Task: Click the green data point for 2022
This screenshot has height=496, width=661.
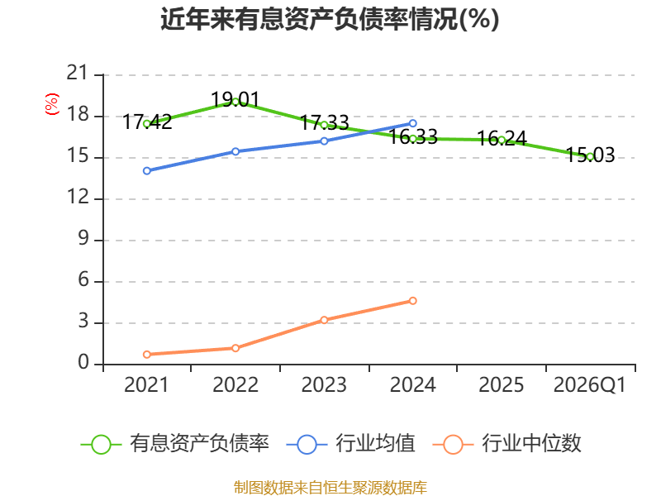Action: click(x=235, y=102)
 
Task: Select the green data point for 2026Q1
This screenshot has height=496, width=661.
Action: click(x=590, y=156)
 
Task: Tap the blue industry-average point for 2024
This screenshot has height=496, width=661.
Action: click(x=413, y=123)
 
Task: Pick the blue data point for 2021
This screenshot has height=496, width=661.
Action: click(x=146, y=170)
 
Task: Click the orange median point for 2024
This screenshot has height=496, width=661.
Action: click(x=413, y=300)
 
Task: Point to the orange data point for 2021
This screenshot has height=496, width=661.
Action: click(x=146, y=354)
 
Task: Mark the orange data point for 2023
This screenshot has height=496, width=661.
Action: click(x=324, y=319)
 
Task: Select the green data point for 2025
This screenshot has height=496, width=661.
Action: click(x=502, y=140)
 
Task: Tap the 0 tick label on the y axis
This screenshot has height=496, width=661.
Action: click(x=83, y=364)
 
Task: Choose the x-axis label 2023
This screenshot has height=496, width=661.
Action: click(x=324, y=385)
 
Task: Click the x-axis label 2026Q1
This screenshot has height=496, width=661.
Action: click(x=590, y=385)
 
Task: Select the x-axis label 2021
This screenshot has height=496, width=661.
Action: click(x=146, y=385)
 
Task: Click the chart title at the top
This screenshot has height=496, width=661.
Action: click(x=330, y=19)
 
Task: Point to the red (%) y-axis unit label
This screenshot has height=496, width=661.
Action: click(x=52, y=104)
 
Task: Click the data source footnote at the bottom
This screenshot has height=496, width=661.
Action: click(x=330, y=487)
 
